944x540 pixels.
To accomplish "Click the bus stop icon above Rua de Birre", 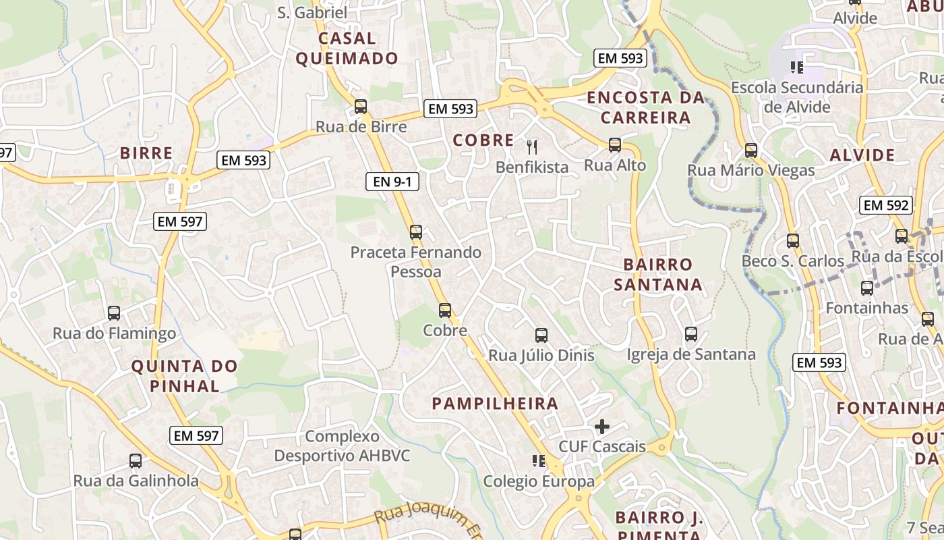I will click(361, 107).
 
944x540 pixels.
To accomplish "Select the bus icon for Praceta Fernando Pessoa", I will click(416, 232).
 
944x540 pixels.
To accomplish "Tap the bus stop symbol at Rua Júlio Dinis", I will click(541, 335).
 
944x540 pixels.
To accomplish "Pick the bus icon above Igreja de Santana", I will click(691, 334).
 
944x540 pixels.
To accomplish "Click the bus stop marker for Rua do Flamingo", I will click(114, 313).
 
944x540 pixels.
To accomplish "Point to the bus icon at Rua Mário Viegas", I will click(751, 151).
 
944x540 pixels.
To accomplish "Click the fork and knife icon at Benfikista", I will click(532, 146).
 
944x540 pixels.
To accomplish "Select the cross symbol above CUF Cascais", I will click(602, 427).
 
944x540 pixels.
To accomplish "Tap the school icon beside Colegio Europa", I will click(539, 461).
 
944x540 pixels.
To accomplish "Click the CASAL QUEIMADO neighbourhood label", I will click(347, 49).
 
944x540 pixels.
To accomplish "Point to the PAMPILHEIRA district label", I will click(495, 404).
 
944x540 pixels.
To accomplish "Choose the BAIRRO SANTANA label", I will click(658, 274).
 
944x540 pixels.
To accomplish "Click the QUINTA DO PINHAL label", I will click(184, 377).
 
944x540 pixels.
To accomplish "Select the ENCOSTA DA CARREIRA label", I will click(646, 107).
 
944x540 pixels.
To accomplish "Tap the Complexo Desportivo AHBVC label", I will click(342, 446).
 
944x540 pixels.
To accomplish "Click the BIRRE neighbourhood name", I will click(146, 153).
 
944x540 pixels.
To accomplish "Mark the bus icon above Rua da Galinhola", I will click(136, 461).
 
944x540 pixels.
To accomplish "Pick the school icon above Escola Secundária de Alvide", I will click(797, 67).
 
